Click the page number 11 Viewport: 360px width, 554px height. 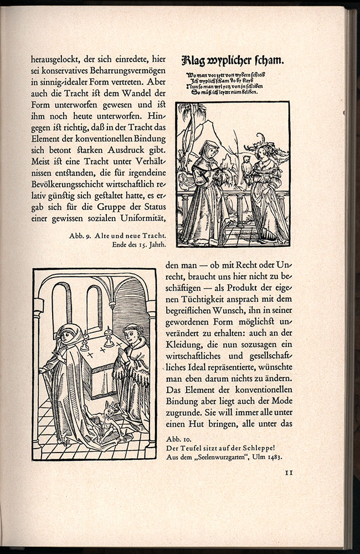tap(288, 473)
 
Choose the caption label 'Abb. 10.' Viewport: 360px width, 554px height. tap(177, 439)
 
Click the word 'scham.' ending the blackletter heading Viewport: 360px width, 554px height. tap(274, 61)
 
